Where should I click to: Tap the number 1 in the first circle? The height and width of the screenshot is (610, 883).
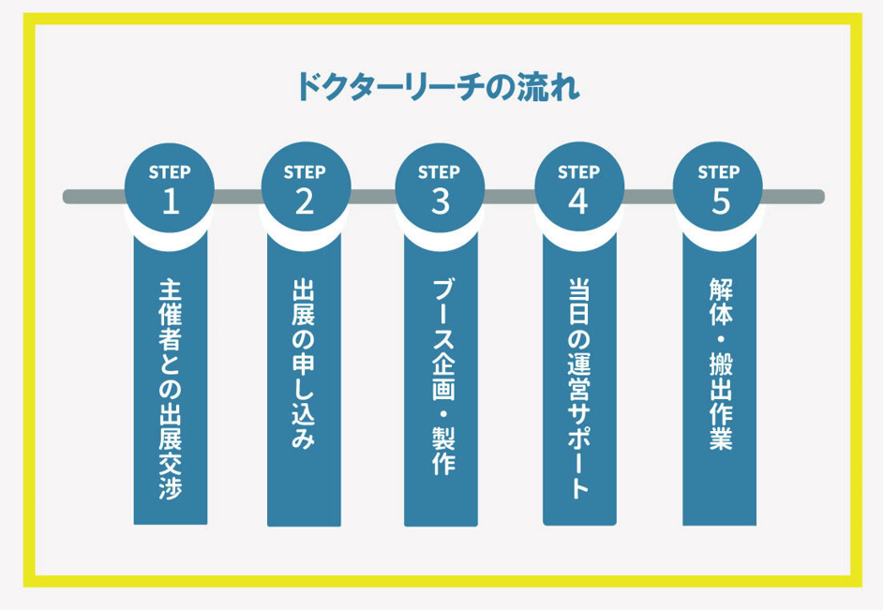[170, 201]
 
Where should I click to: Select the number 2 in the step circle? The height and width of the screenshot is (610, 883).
[305, 201]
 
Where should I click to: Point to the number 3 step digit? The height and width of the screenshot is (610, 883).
[440, 201]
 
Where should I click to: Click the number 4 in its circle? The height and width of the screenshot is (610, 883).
[578, 201]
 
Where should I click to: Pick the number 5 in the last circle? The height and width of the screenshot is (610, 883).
[719, 201]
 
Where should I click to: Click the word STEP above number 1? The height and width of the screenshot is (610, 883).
[170, 172]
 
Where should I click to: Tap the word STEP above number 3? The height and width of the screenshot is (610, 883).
[440, 172]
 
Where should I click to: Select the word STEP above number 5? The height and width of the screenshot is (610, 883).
[719, 172]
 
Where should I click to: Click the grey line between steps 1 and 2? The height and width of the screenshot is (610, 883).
[237, 197]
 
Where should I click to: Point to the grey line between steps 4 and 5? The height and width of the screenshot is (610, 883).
[649, 197]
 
